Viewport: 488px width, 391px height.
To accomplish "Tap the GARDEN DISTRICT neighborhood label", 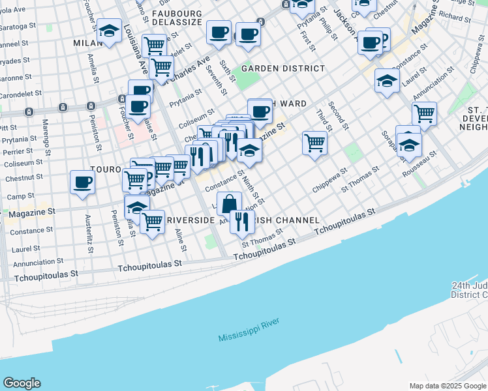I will coord(282,68).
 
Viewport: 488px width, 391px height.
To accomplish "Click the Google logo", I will coord(22,383).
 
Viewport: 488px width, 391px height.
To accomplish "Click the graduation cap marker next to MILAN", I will coord(108,33).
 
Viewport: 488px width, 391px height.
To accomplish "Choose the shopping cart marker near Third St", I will coord(314,142).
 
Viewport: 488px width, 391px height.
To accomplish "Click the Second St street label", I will coord(336,115).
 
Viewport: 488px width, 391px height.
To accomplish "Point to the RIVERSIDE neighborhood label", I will coord(191,221).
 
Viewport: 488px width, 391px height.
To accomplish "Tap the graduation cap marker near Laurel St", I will coord(387,81).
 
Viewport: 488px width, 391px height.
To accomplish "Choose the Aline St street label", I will coord(182,239).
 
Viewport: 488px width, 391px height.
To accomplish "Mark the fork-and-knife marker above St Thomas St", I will coord(242,222).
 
